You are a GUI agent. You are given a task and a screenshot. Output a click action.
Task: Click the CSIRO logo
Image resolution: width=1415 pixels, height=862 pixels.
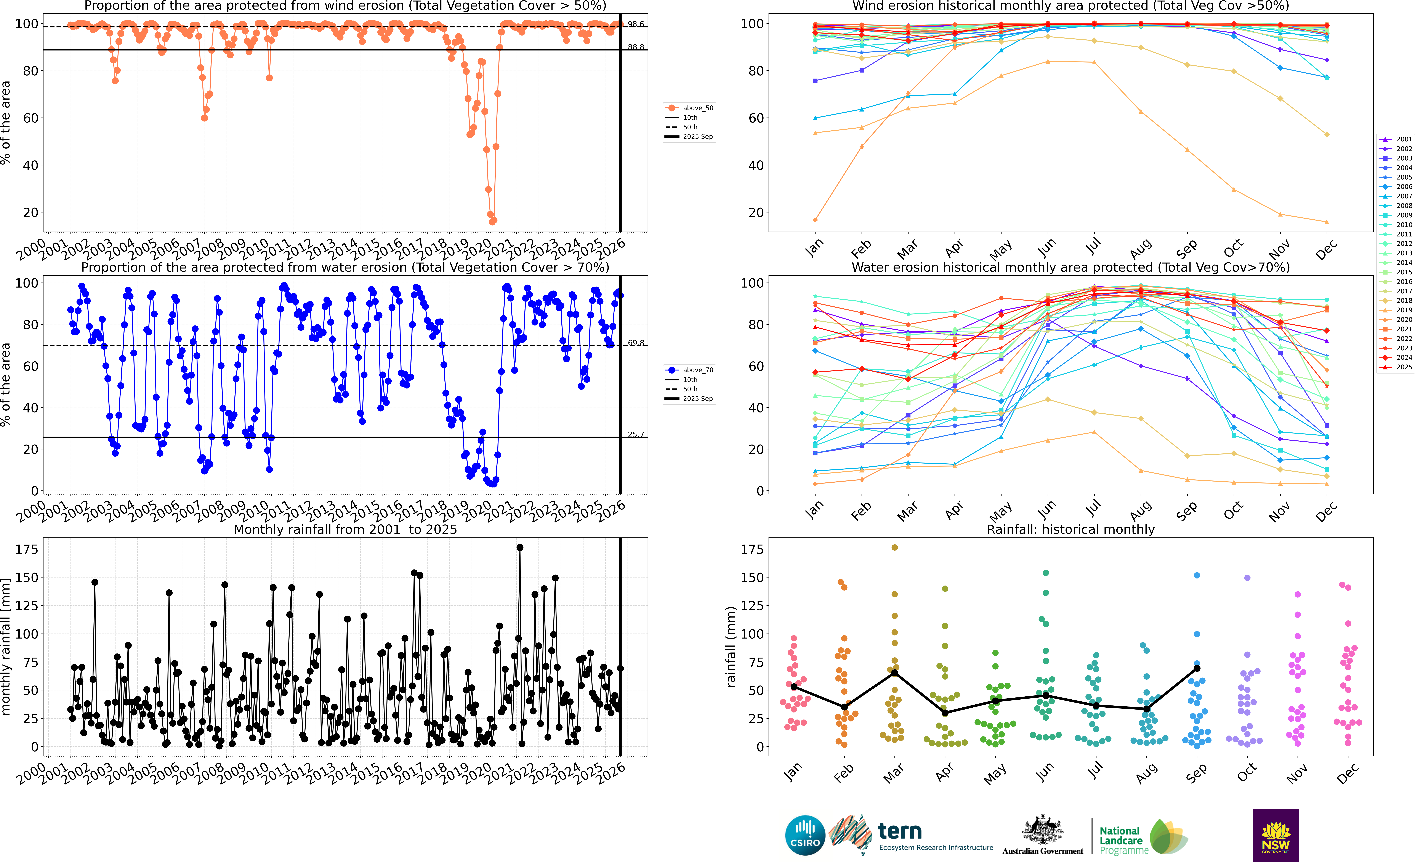pos(805,835)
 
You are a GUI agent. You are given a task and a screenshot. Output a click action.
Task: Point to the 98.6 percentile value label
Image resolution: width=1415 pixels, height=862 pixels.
pos(636,24)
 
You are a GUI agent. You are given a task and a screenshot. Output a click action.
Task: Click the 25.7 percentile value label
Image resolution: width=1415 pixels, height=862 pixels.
pos(636,434)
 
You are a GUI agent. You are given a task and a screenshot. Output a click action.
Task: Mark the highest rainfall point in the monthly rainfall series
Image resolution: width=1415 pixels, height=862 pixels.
pos(520,548)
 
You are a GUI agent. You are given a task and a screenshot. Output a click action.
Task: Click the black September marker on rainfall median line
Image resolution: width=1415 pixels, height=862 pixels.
pos(1197,668)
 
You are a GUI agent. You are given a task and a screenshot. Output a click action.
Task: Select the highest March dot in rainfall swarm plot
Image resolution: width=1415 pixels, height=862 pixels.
pos(894,548)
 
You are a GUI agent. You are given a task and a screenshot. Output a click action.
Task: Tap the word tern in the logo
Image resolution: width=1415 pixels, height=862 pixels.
pos(900,831)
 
